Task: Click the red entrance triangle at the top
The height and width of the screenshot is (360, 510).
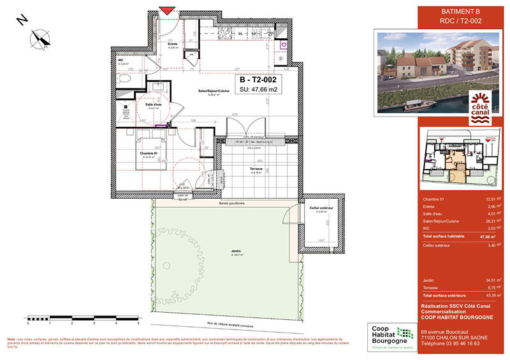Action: [167, 10]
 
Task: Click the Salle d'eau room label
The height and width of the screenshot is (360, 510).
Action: [154, 106]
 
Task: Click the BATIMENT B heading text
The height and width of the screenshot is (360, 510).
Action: [461, 11]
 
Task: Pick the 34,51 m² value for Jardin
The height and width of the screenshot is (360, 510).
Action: [489, 280]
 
